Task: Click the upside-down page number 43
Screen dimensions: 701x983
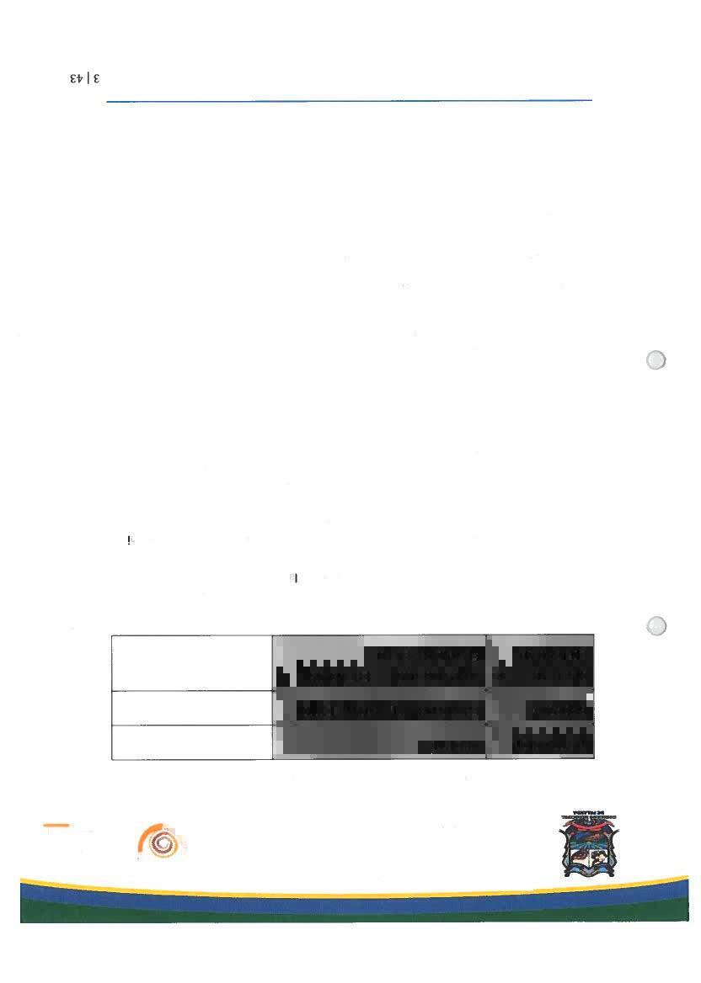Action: [78, 80]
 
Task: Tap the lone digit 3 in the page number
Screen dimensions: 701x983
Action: [96, 80]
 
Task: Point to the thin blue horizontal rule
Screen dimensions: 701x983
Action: [350, 101]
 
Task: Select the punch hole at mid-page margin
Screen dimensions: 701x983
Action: [656, 360]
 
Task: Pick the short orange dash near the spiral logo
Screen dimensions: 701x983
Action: [56, 826]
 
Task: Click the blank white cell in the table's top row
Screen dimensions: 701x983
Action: [192, 662]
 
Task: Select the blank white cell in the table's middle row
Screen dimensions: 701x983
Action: [192, 708]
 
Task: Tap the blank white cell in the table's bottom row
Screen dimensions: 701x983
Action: [192, 741]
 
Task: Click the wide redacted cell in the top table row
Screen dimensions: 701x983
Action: [380, 662]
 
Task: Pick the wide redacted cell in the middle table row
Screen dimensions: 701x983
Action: [380, 708]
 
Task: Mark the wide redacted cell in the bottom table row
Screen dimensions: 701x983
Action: [380, 741]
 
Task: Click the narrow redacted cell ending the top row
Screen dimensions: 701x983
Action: [541, 662]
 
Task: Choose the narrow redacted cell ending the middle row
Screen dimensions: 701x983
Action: [541, 708]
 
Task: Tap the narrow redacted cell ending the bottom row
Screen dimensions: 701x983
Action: [541, 741]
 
